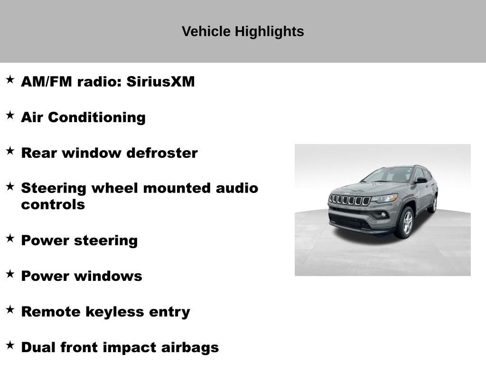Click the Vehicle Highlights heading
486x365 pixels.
pyautogui.click(x=243, y=32)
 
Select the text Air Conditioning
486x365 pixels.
pyautogui.click(x=83, y=117)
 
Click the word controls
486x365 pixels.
pyautogui.click(x=53, y=205)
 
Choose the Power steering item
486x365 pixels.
pyautogui.click(x=79, y=240)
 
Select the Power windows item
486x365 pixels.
pyautogui.click(x=81, y=276)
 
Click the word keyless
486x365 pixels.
pyautogui.click(x=114, y=312)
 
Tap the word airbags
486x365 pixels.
pyautogui.click(x=190, y=347)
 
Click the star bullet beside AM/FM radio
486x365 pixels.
pyautogui.click(x=10, y=80)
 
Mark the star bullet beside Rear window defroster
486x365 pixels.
pyautogui.click(x=10, y=151)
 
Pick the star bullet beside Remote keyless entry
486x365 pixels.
pyautogui.click(x=10, y=310)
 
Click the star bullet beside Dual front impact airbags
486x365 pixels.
pyautogui.click(x=10, y=346)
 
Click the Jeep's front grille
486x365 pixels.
pyautogui.click(x=349, y=200)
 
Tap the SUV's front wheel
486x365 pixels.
pyautogui.click(x=404, y=223)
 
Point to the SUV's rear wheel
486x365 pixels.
pyautogui.click(x=432, y=204)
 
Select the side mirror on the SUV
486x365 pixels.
pyautogui.click(x=421, y=180)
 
